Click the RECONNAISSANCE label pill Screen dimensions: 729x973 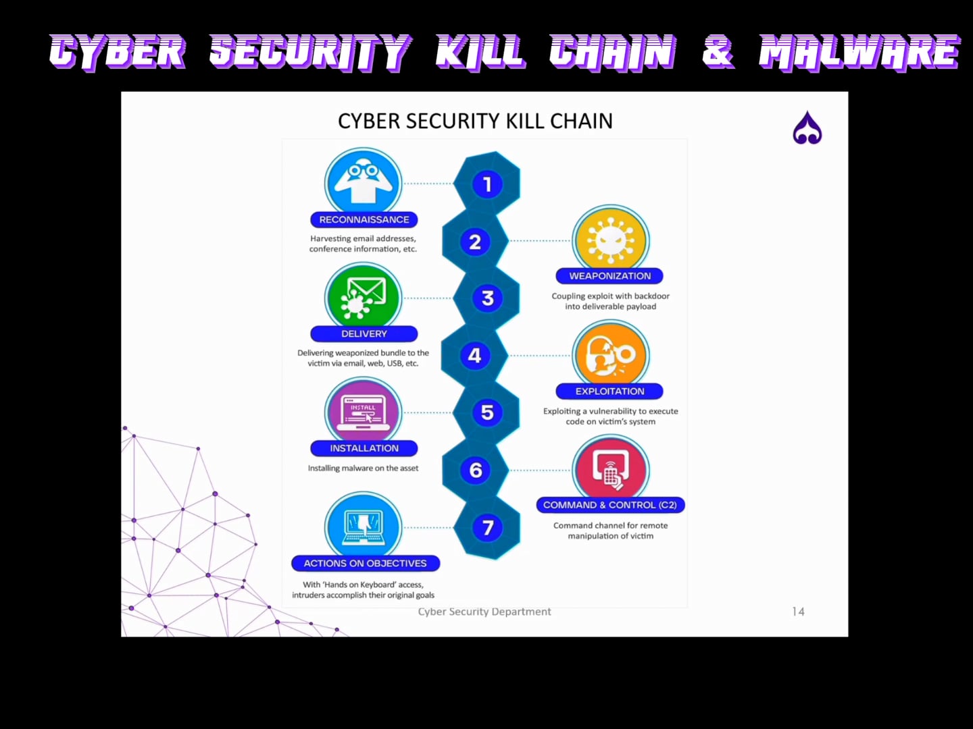coord(364,219)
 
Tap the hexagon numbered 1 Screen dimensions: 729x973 coord(487,184)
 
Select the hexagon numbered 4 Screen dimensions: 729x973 coord(474,356)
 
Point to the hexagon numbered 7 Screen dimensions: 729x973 coord(487,528)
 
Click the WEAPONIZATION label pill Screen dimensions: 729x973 coord(609,276)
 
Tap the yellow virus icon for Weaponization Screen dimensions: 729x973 coord(611,240)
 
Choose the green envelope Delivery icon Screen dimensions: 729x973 coord(364,297)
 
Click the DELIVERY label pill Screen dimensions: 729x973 coord(364,333)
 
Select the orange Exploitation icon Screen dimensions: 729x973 coord(611,354)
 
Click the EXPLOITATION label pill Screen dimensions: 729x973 coord(609,391)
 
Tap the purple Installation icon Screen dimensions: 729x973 coord(364,411)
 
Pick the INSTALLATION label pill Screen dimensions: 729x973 coord(364,448)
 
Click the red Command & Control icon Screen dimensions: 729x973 coord(611,468)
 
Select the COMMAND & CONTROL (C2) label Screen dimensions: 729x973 coord(609,505)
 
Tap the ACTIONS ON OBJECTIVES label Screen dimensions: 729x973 coord(365,563)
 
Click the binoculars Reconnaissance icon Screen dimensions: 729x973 coord(364,182)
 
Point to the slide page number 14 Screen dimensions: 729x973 coord(798,612)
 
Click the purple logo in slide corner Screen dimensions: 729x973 coord(807,128)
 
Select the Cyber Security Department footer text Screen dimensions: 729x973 coord(484,612)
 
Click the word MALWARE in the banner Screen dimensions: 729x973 coord(859,52)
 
